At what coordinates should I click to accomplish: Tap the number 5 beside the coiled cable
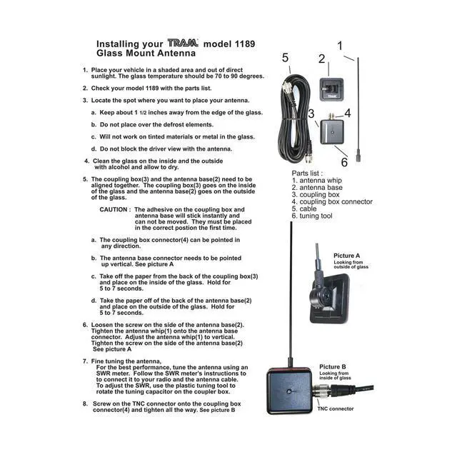point(285,58)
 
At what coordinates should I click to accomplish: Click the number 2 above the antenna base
point(322,59)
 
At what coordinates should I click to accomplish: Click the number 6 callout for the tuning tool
point(344,151)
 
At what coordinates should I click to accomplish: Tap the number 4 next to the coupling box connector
point(348,113)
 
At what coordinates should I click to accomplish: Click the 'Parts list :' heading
point(308,174)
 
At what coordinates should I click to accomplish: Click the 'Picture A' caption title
point(347,255)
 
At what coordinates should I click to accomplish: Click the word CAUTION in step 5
point(114,210)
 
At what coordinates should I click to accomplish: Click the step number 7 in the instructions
point(85,361)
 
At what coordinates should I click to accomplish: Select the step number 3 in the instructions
point(85,101)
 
